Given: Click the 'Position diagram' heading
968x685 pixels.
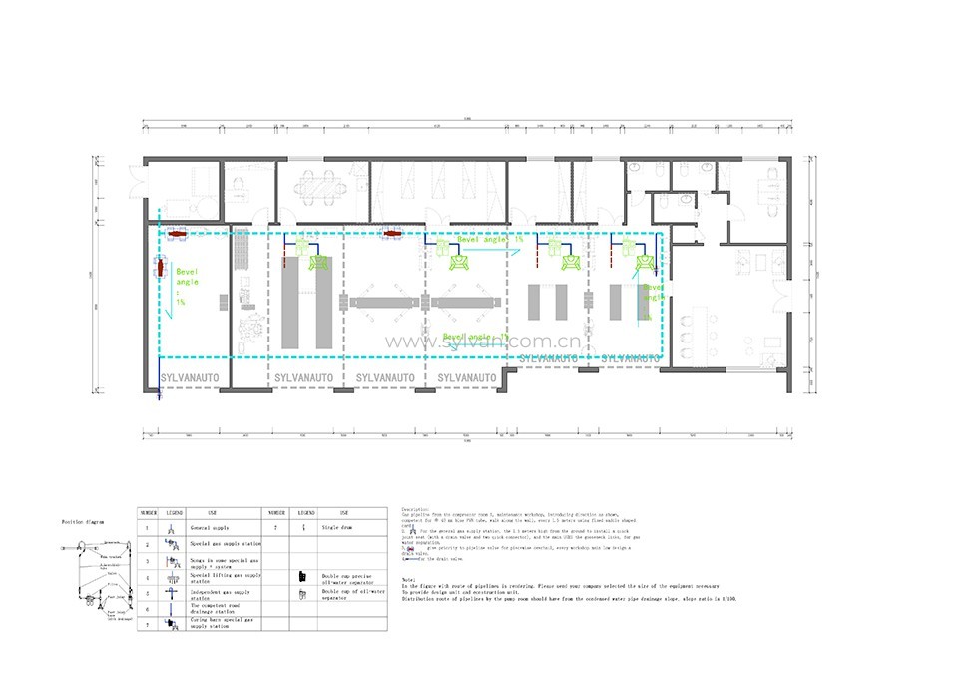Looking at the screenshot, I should tap(84, 521).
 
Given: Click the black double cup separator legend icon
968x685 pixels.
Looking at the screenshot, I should tap(301, 576).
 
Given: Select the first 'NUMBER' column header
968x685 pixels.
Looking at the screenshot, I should tap(149, 510).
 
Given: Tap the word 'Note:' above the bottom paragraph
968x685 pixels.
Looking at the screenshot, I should tap(407, 579).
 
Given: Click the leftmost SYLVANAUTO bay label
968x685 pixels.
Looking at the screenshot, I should tap(189, 378).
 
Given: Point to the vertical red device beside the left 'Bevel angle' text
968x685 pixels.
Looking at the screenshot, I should tap(160, 268).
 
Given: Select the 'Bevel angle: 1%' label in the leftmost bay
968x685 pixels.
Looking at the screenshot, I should tap(185, 284).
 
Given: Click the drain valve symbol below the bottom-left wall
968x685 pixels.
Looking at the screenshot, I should tap(160, 396).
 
